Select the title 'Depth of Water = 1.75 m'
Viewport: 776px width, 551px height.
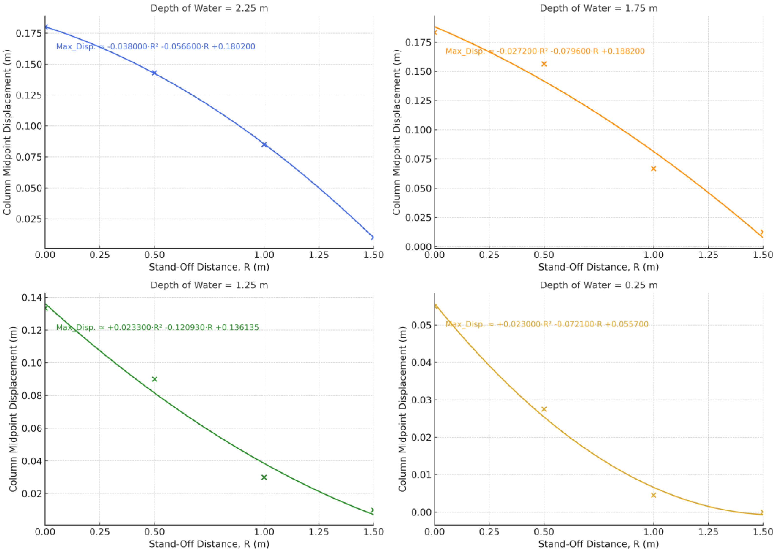pyautogui.click(x=599, y=8)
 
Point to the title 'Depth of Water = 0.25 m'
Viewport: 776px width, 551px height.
pyautogui.click(x=599, y=285)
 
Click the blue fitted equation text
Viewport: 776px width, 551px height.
pyautogui.click(x=155, y=46)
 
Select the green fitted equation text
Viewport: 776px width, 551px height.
pyautogui.click(x=157, y=327)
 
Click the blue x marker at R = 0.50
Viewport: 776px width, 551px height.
pyautogui.click(x=154, y=73)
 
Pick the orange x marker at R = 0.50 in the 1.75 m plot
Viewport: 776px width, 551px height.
pyautogui.click(x=544, y=64)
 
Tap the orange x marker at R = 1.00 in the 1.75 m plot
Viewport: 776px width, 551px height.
pyautogui.click(x=653, y=169)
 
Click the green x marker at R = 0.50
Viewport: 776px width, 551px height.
pyautogui.click(x=154, y=379)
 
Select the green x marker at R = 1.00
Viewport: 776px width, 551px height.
pyautogui.click(x=264, y=477)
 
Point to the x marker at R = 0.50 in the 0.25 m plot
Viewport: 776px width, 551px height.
pyautogui.click(x=544, y=409)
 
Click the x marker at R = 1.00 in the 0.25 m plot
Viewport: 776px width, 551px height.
pyautogui.click(x=653, y=495)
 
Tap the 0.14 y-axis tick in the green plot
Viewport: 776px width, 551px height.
pyautogui.click(x=31, y=297)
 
